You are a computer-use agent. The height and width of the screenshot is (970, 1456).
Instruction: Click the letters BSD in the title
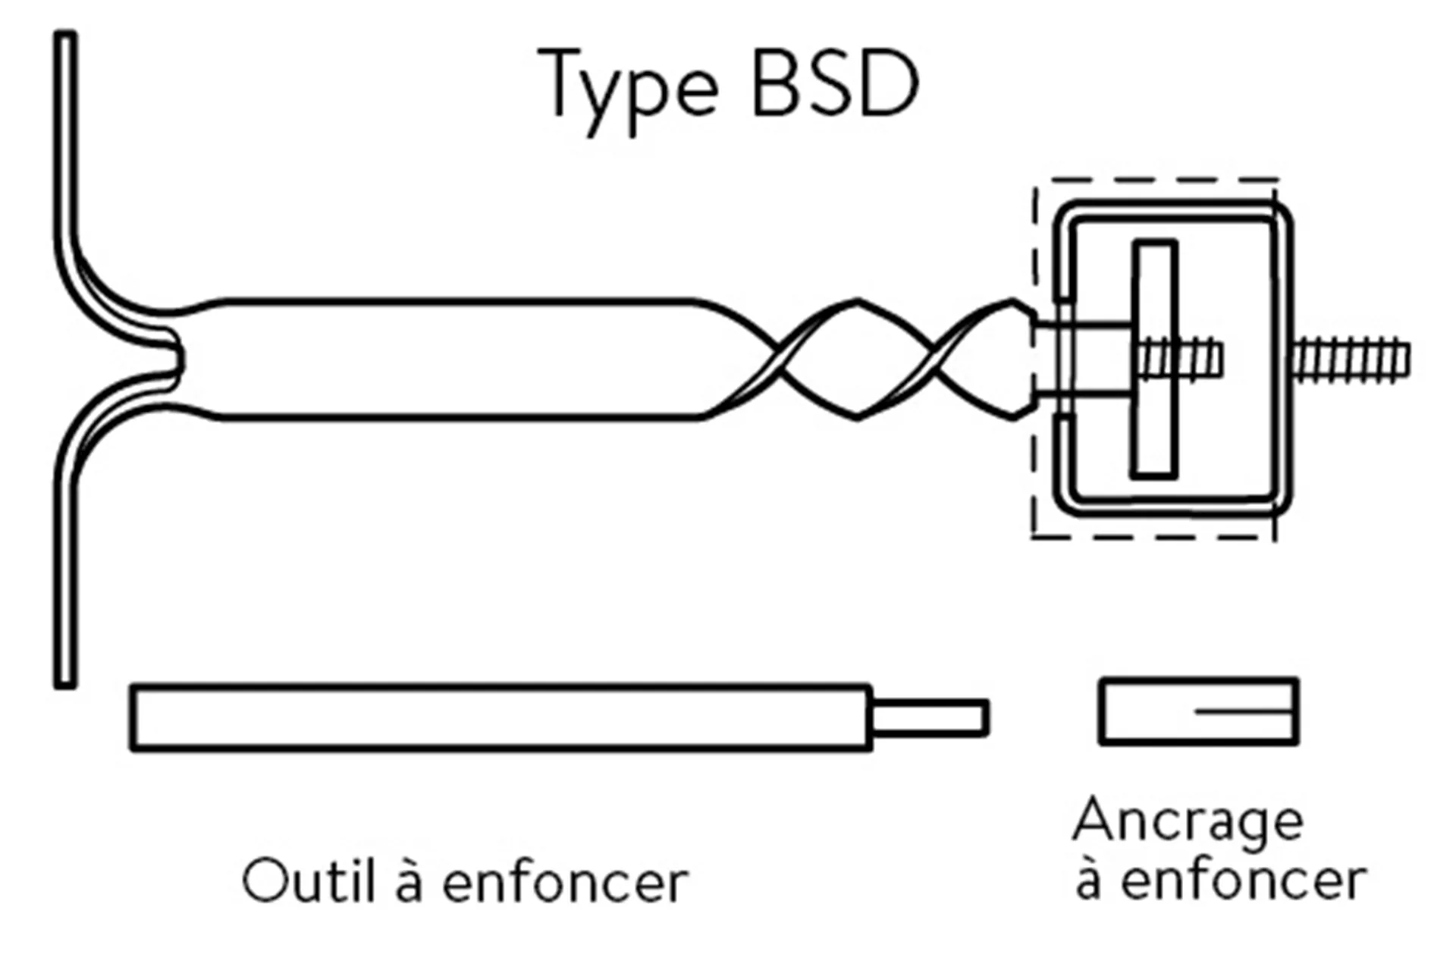point(835,83)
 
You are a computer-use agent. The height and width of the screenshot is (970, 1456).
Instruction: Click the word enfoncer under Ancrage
point(1244,880)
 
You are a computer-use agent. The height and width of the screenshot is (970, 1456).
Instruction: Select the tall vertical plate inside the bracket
point(1154,359)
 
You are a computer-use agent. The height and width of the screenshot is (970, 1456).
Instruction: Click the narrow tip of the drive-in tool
point(930,717)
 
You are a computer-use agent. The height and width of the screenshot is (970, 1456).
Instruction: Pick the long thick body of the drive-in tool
point(500,717)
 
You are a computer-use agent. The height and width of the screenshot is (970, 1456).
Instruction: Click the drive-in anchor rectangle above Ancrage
point(1198,711)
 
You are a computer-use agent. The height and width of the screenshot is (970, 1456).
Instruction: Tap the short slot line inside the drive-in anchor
point(1244,711)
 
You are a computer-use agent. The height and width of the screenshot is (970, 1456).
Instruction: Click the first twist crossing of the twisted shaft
point(780,359)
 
